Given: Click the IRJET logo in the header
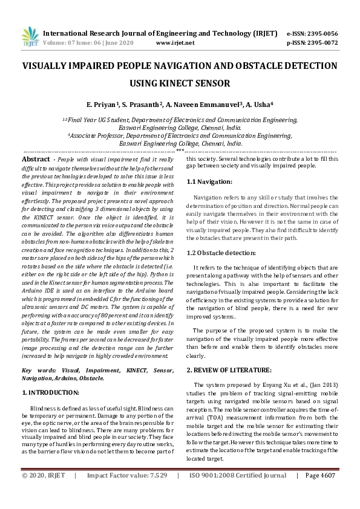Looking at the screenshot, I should tap(29, 37).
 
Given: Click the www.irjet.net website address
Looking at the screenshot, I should tap(175, 43).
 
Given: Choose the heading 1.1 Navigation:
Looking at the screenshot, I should tap(209, 181).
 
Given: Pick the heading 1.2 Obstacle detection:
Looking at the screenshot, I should tap(220, 253).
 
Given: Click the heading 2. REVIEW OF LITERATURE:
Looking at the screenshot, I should tap(229, 369).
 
